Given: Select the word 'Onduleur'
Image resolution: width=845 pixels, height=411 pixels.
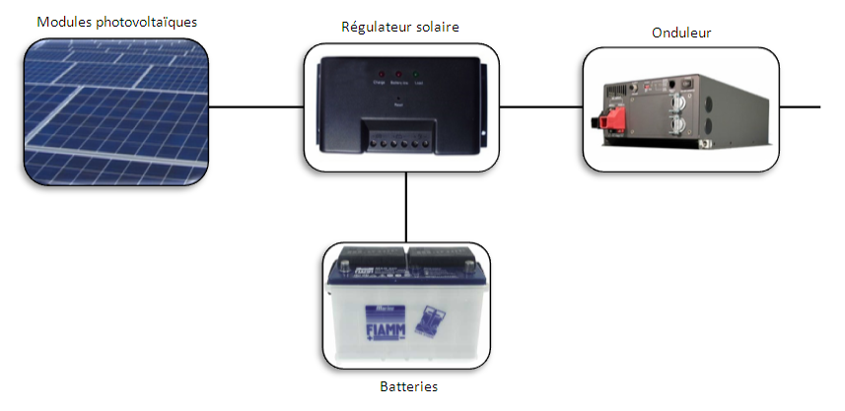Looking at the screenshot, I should (x=681, y=33).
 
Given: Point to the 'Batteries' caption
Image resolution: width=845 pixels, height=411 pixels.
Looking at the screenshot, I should (x=408, y=386).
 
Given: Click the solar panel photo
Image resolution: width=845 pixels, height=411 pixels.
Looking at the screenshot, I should (x=117, y=110).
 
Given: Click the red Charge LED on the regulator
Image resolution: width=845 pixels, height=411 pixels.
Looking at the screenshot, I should (x=380, y=75).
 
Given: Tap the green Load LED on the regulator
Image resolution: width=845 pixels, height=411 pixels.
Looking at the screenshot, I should (x=418, y=75).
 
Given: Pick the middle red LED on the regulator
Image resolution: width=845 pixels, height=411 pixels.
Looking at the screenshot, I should (x=398, y=75).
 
